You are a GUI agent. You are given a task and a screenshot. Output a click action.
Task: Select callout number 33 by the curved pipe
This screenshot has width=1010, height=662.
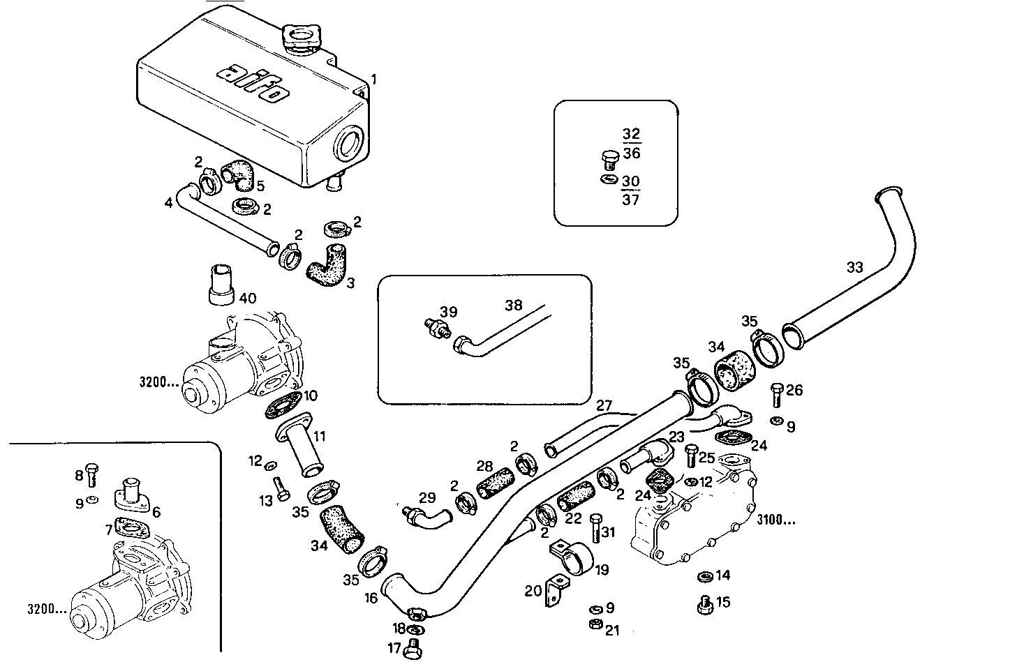(x=854, y=267)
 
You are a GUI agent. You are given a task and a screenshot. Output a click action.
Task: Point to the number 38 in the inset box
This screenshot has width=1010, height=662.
(x=513, y=305)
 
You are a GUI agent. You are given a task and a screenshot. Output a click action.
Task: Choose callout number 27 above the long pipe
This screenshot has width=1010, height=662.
(x=604, y=405)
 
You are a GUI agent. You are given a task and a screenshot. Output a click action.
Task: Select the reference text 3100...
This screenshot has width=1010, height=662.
(x=775, y=520)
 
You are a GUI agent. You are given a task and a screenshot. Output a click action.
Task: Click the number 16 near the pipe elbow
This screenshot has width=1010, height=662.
(x=370, y=598)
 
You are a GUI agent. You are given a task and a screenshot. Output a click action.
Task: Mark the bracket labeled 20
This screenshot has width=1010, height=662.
(x=556, y=590)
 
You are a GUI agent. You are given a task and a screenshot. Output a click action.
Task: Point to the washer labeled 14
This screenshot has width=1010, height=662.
(x=704, y=576)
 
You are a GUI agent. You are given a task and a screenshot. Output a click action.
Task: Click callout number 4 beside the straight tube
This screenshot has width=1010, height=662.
(x=168, y=203)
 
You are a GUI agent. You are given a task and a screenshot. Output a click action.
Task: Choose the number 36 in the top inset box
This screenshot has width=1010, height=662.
(x=631, y=153)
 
